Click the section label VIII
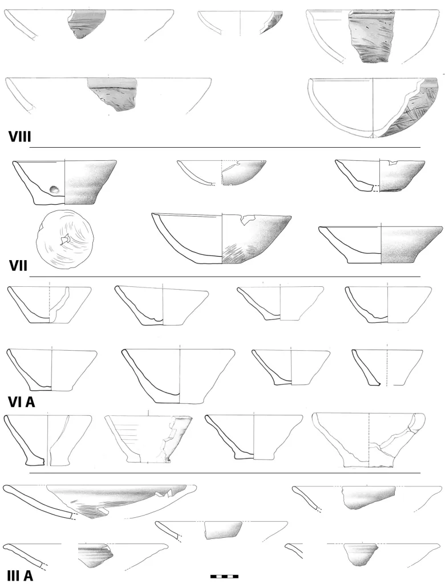(20, 137)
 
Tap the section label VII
(18, 266)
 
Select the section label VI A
(21, 402)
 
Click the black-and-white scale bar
(224, 576)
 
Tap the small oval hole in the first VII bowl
(54, 190)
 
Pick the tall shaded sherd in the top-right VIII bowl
(370, 36)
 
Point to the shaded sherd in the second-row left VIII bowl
(112, 95)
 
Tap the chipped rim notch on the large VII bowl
(246, 220)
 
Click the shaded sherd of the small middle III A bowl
(223, 530)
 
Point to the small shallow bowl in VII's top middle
(222, 173)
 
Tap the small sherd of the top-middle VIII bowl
(272, 22)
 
